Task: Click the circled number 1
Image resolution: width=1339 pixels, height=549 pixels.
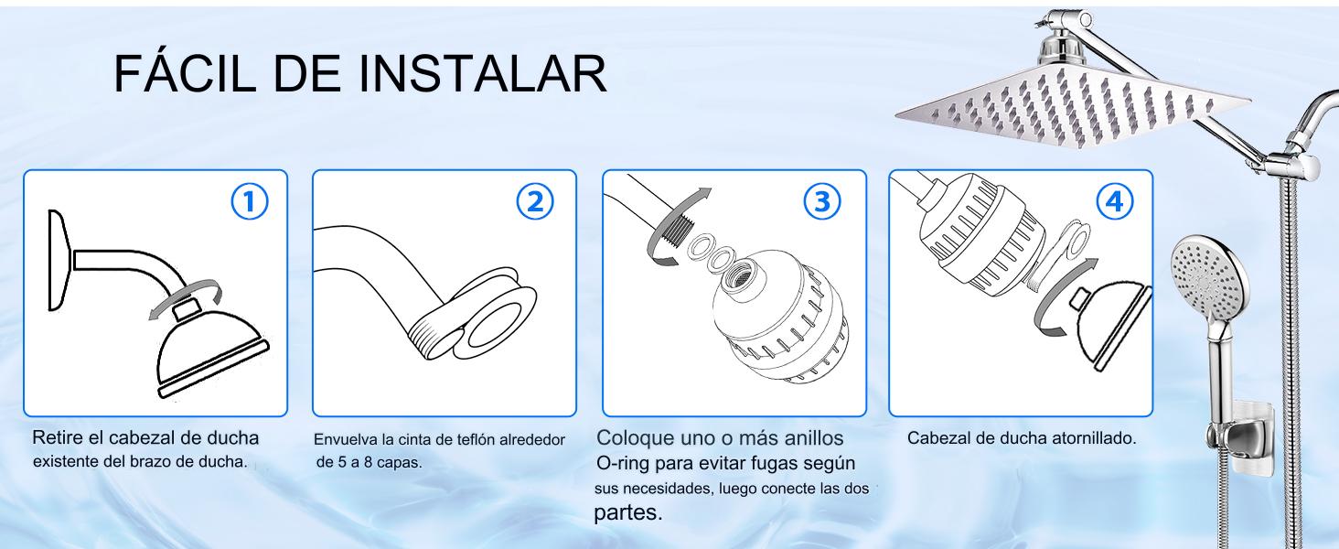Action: pyautogui.click(x=250, y=201)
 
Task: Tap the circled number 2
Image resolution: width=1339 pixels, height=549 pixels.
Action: pyautogui.click(x=535, y=201)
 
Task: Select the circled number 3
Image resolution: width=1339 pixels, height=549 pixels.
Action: pyautogui.click(x=822, y=201)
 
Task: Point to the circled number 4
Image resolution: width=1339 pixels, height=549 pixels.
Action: pyautogui.click(x=1115, y=201)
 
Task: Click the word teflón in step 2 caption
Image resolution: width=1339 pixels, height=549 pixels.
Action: pyautogui.click(x=476, y=439)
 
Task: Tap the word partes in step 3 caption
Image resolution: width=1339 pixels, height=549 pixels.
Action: pyautogui.click(x=627, y=513)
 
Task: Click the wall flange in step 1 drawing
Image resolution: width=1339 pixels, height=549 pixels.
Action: pyautogui.click(x=59, y=260)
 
